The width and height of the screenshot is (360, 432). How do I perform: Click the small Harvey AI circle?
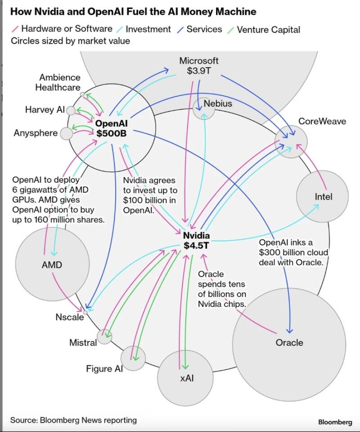[71, 110]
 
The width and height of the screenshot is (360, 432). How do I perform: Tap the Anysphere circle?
[66, 133]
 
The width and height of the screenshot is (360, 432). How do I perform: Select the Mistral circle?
[104, 335]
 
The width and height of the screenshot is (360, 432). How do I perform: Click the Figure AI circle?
[134, 358]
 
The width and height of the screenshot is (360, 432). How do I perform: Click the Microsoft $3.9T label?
[199, 66]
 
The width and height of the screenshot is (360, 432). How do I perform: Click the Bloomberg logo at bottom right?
[335, 422]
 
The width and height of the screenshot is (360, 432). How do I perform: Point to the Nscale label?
[70, 317]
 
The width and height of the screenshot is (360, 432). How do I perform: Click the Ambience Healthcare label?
[59, 82]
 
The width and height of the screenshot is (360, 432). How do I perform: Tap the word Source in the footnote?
[23, 420]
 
